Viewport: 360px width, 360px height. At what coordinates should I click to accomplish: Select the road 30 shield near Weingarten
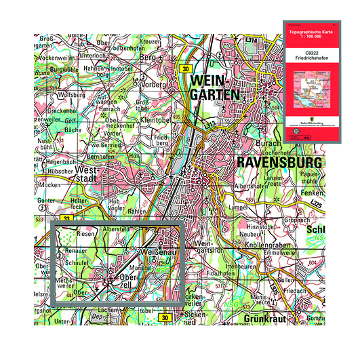click(186, 69)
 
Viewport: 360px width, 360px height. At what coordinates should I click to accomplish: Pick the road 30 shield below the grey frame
click(165, 317)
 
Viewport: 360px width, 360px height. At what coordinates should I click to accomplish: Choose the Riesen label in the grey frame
click(86, 234)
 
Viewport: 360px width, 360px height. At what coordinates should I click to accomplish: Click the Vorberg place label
click(153, 85)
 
